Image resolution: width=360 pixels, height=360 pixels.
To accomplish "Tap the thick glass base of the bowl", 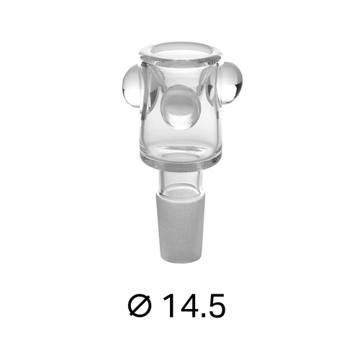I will (179, 156).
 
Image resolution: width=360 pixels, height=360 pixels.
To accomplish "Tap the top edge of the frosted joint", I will (179, 189).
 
